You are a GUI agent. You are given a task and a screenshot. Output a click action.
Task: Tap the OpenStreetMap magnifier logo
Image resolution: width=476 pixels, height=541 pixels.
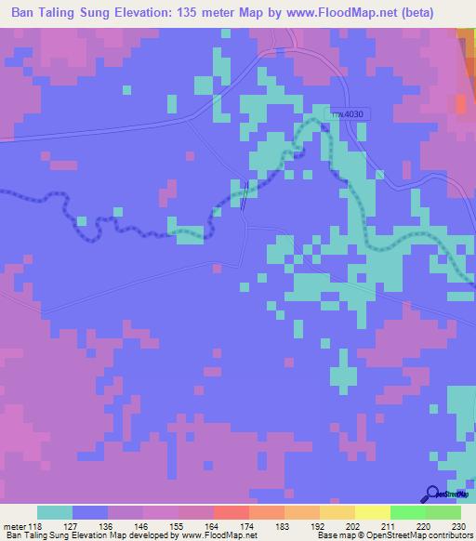click(433, 494)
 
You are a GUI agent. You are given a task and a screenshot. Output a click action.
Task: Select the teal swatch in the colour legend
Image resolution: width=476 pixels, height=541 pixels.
click(55, 512)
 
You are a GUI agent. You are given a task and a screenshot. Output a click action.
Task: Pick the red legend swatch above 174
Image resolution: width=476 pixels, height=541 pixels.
click(231, 512)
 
